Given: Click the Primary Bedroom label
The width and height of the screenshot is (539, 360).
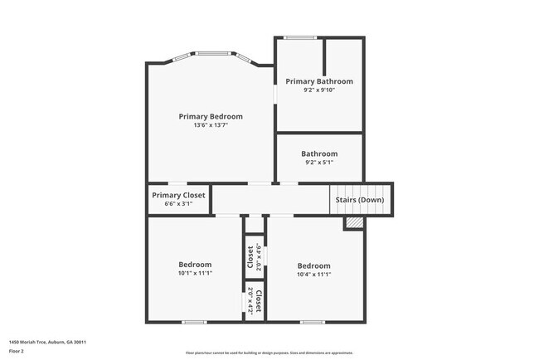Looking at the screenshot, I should [211, 117].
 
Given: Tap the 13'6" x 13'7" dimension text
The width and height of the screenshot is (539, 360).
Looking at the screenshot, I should [211, 126].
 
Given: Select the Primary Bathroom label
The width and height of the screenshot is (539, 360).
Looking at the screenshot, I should [319, 81].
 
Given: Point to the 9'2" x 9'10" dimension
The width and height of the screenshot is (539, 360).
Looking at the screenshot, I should [319, 90].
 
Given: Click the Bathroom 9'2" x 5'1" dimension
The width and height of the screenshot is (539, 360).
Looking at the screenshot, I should [319, 163].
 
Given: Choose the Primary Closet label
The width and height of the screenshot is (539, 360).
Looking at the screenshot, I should [178, 195].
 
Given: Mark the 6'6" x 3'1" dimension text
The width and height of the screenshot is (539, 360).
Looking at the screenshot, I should [178, 204].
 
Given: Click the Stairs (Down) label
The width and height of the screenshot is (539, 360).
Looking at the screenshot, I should [359, 200].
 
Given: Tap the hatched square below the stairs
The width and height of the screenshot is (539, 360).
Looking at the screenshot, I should [354, 222].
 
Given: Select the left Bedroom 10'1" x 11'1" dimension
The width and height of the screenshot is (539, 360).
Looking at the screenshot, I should [195, 274].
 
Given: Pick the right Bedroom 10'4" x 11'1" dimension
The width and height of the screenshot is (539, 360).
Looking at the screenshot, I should [314, 275].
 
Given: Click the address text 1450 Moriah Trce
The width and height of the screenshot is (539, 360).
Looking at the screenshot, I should [48, 342].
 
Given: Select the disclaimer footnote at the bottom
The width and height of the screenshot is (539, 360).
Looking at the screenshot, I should [269, 352].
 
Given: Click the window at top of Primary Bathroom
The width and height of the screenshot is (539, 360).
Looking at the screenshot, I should [299, 37].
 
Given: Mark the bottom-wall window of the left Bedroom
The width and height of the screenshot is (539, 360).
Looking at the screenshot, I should [195, 322].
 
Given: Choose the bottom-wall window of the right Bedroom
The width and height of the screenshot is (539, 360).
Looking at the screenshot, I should [313, 322].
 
